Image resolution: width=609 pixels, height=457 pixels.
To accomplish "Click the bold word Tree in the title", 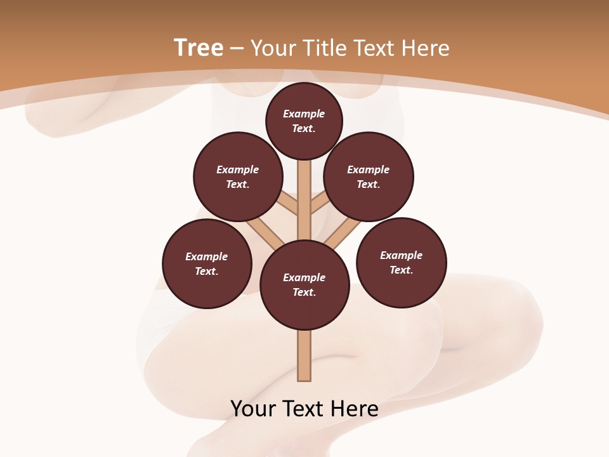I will click(x=199, y=48).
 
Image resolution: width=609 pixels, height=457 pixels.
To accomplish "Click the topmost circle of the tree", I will click(x=304, y=121).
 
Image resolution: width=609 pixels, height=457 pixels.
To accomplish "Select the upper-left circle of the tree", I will click(x=238, y=176).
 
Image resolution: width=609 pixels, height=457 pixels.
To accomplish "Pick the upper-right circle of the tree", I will click(x=369, y=176).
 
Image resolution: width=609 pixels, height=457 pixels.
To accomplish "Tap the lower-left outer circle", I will click(x=207, y=263).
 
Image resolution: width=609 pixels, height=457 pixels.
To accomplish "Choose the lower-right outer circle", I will click(x=402, y=262).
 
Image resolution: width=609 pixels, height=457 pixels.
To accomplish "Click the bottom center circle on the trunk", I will click(x=304, y=284).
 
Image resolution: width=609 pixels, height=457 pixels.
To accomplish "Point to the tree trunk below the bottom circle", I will click(x=304, y=355).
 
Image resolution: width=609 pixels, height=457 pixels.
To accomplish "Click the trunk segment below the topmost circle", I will click(x=304, y=190).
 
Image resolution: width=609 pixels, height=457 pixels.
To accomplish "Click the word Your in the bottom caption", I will click(x=253, y=409).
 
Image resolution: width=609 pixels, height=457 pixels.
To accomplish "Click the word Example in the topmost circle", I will click(x=304, y=114).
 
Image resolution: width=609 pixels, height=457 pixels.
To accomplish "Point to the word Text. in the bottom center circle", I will click(x=304, y=293).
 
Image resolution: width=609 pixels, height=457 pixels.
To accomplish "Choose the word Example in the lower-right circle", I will click(x=401, y=255).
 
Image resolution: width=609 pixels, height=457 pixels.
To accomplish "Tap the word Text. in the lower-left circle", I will click(x=207, y=272).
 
